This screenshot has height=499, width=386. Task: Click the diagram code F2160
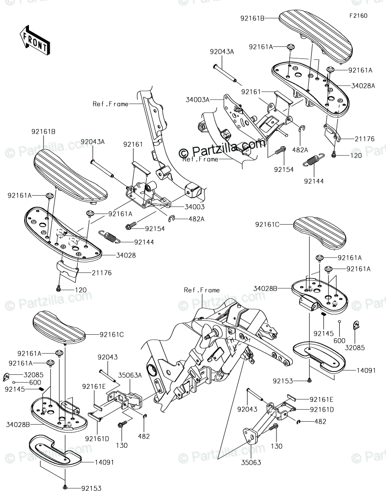pyautogui.click(x=358, y=15)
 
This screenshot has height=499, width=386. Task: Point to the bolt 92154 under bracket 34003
pyautogui.click(x=131, y=225)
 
